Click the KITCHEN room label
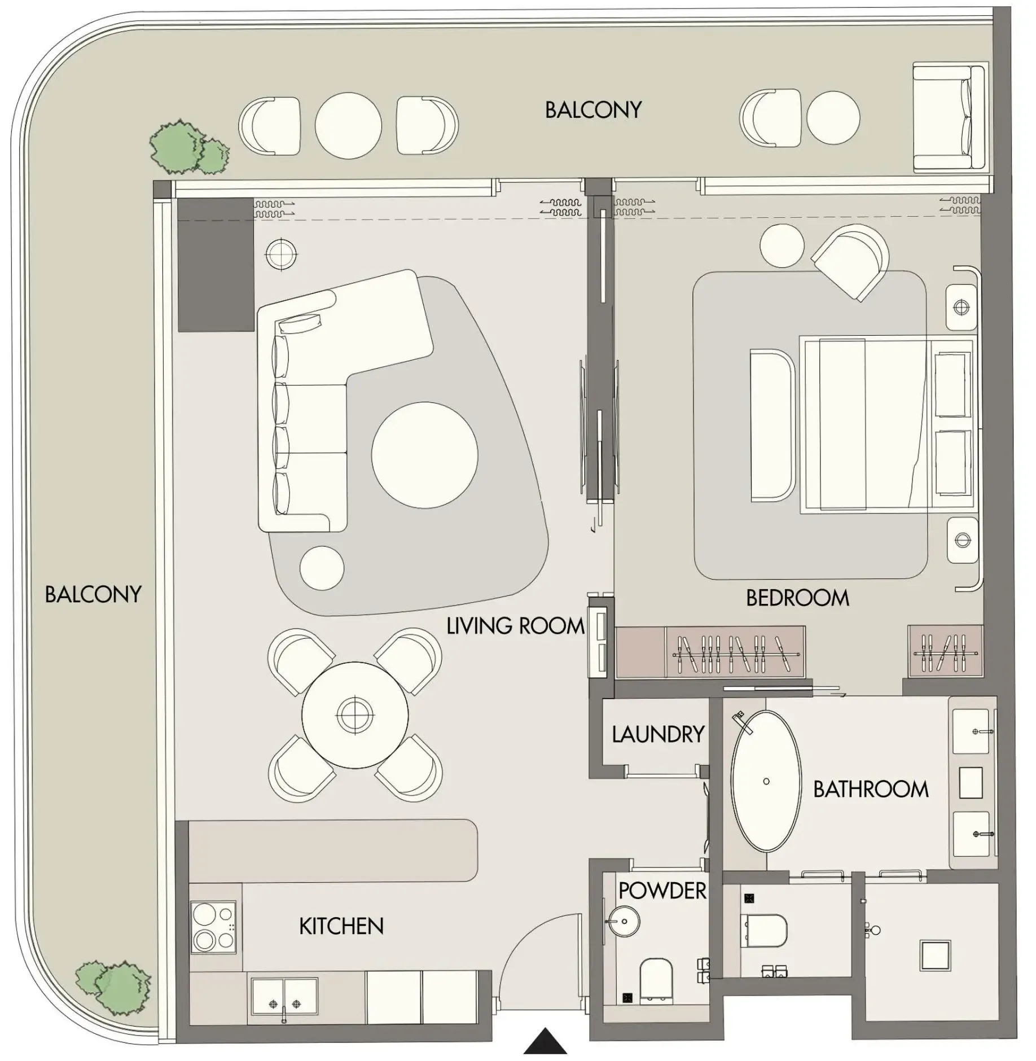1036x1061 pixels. point(341,926)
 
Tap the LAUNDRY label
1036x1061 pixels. point(658,734)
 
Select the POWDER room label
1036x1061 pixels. point(662,891)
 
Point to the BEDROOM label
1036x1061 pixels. point(797,598)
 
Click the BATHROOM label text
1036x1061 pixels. point(870,789)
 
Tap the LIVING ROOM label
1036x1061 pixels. point(515,626)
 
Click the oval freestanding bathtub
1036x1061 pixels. point(766,782)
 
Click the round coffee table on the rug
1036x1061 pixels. point(424,455)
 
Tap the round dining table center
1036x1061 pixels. point(354,715)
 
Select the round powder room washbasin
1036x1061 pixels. point(624,921)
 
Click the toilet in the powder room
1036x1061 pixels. point(657,981)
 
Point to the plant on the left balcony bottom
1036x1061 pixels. point(116,985)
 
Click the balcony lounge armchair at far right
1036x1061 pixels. point(948,118)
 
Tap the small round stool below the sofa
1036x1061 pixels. point(322,568)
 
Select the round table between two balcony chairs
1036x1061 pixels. point(348,125)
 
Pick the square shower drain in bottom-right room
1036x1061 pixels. point(935,955)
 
